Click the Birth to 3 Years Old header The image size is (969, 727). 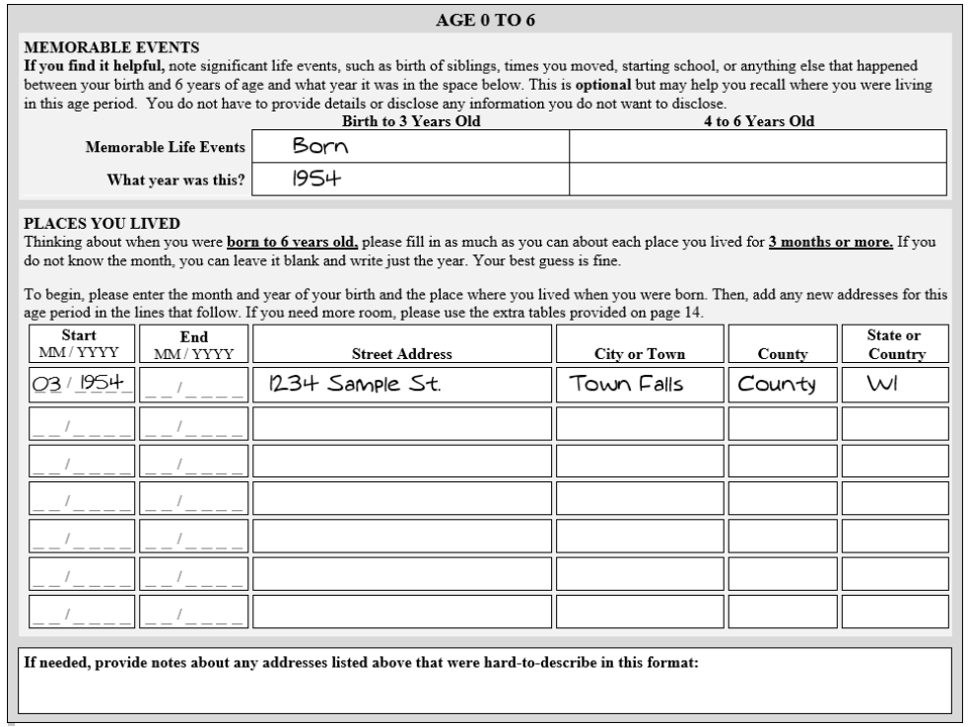pos(410,121)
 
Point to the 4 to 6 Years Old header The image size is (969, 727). pos(758,121)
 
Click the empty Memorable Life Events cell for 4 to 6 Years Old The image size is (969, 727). pos(758,147)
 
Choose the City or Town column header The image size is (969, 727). pos(640,353)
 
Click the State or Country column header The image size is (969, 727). pos(895,345)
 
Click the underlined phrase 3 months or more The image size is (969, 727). pos(830,242)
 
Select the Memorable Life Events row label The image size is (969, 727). pos(166,147)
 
